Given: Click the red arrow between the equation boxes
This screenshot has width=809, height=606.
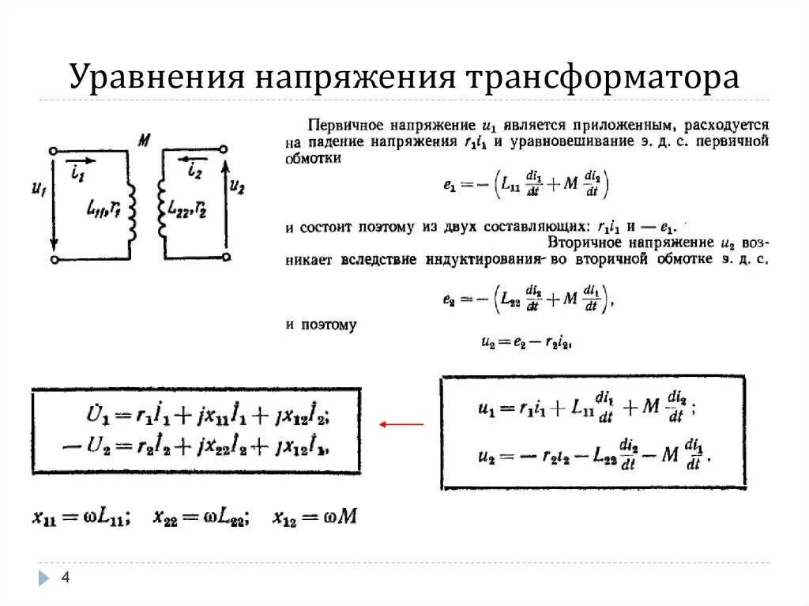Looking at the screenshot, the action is coord(401,424).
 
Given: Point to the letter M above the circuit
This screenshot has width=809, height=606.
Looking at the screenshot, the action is coord(144,141).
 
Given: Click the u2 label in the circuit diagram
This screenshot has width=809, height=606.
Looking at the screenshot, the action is coord(237,187).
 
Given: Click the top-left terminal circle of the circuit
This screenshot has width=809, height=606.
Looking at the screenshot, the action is coord(52,150).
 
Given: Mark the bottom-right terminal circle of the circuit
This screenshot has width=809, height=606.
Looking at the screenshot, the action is coord(227,257).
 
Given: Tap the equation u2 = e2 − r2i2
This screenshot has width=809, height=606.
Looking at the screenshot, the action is coord(525,342).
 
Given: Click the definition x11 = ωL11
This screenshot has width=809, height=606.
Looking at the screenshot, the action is coord(82,518).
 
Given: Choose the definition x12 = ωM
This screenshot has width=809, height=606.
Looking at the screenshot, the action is coord(314,518).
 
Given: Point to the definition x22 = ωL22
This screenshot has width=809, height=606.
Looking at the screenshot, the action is coord(201,518).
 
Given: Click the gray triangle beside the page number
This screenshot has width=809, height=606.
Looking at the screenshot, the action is coord(44,579).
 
